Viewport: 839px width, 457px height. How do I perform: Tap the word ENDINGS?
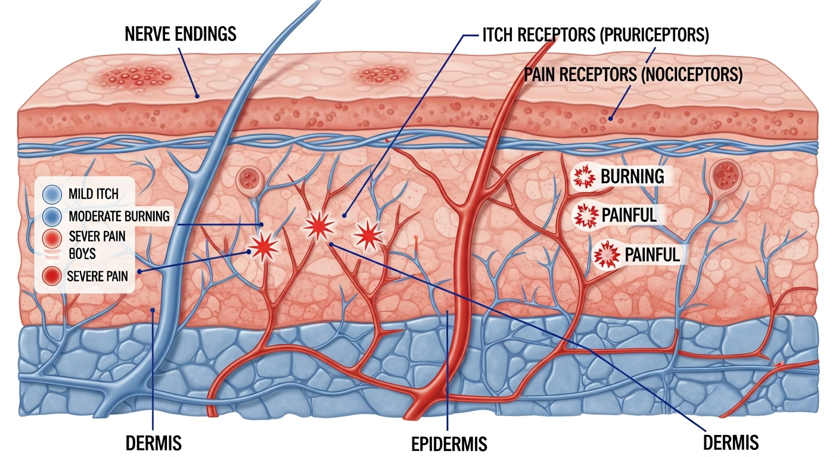(x=209, y=34)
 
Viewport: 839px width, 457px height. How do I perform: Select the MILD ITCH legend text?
(x=93, y=193)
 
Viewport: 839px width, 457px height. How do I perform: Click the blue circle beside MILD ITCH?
(x=52, y=193)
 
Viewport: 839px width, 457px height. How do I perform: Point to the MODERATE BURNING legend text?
(x=119, y=215)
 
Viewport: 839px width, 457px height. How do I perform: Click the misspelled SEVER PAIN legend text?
(x=97, y=237)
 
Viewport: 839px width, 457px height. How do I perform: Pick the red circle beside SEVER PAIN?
(x=52, y=237)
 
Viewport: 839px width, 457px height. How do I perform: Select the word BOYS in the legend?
(x=82, y=254)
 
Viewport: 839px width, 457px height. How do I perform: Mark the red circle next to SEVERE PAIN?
(x=52, y=276)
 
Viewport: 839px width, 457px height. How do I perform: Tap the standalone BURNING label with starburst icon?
(x=632, y=176)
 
